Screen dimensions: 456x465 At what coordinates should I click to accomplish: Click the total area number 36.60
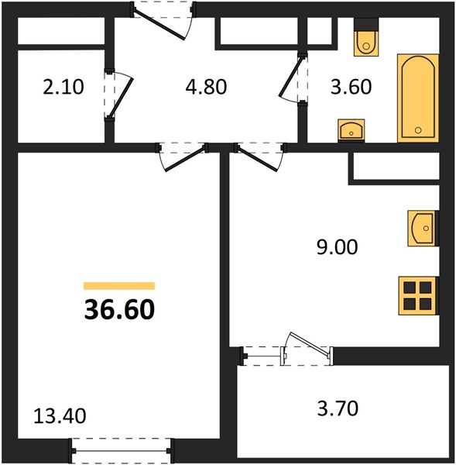click(x=119, y=309)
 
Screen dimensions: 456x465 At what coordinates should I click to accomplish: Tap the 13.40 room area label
click(x=60, y=415)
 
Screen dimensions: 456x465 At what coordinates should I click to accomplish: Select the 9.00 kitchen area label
click(x=338, y=247)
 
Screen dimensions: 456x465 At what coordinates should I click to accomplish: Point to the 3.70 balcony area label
click(x=338, y=408)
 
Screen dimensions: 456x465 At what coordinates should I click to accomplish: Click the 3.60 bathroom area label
click(x=351, y=87)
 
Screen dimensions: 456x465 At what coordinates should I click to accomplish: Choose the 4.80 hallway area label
click(x=206, y=87)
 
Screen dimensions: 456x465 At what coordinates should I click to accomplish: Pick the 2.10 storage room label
click(x=63, y=87)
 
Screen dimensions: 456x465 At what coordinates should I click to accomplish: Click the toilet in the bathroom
click(x=366, y=37)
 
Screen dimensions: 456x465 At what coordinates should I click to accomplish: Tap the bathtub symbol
click(x=418, y=98)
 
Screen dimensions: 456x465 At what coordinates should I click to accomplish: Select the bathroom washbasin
click(x=351, y=130)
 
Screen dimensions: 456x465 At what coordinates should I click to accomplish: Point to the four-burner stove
click(x=418, y=296)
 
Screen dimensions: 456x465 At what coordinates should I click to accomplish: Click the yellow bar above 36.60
click(x=119, y=285)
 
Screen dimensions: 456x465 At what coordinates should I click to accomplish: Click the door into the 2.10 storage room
click(x=118, y=95)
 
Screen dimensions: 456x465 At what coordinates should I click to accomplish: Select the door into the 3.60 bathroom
click(x=293, y=78)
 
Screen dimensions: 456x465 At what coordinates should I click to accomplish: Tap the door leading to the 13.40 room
click(x=183, y=157)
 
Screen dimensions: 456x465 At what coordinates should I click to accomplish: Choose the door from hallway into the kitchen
click(x=260, y=157)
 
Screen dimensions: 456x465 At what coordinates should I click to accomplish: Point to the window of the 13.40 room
click(x=122, y=451)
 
